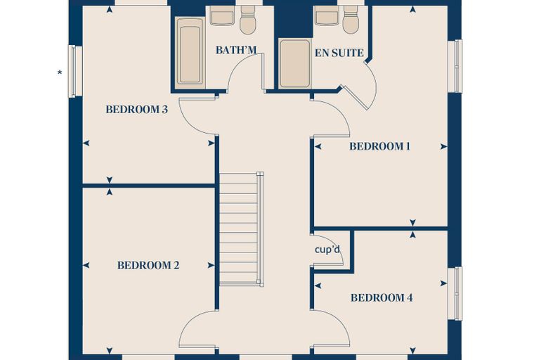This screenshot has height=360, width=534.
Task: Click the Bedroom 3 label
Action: (136, 110)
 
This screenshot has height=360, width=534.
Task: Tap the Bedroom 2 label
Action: (148, 265)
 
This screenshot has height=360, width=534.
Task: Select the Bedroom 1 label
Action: (379, 146)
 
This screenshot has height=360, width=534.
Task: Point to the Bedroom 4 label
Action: (382, 297)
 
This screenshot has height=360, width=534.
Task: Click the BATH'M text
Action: (236, 50)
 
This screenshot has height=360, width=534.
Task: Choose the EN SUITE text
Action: (339, 53)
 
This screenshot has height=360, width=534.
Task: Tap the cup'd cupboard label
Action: (327, 250)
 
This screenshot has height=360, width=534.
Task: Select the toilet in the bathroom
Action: (247, 20)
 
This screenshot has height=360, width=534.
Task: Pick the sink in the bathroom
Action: (222, 15)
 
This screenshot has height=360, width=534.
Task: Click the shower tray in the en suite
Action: (295, 64)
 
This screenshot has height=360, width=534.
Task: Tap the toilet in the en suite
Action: (351, 20)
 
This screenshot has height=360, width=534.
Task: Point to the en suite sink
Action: (326, 15)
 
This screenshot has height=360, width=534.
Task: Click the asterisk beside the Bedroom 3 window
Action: (60, 72)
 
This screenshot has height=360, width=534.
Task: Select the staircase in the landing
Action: (241, 229)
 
